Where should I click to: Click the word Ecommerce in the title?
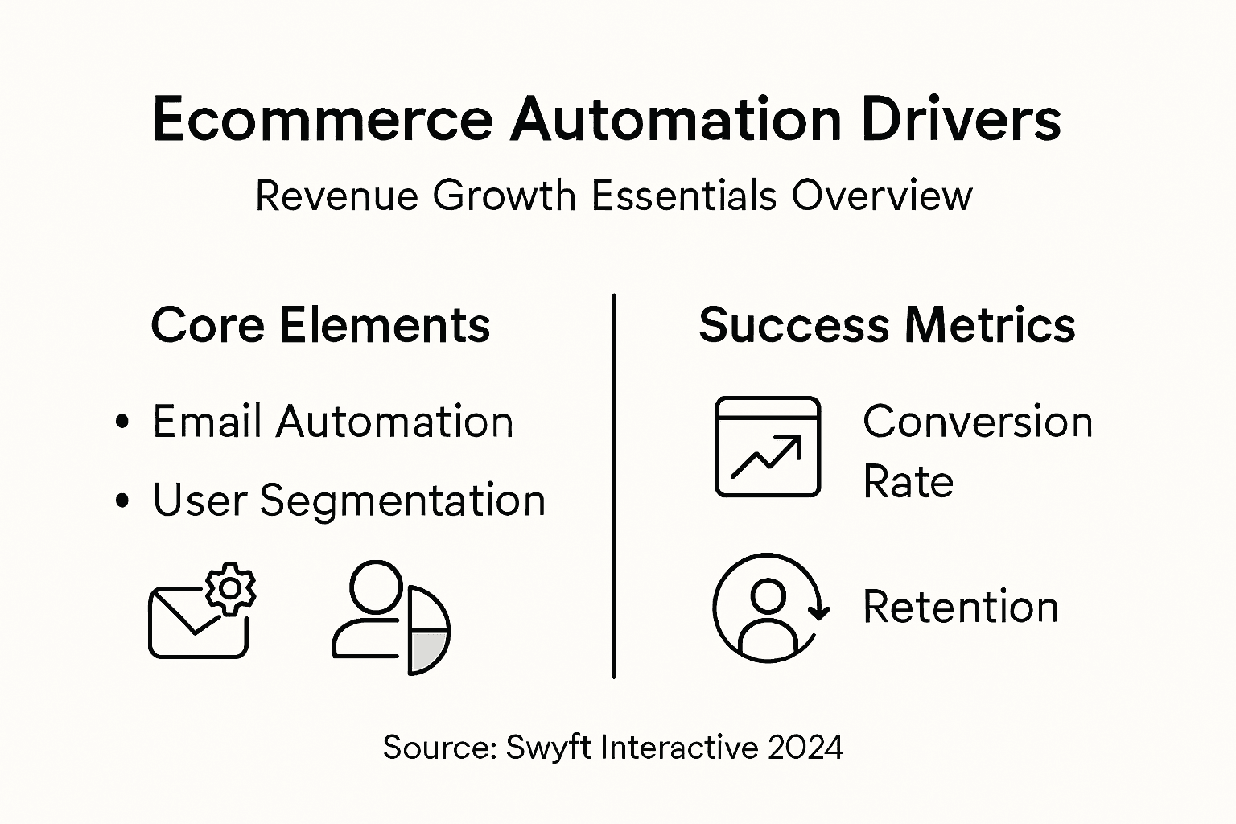[322, 119]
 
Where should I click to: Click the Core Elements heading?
[320, 325]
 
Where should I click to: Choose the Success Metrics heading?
[887, 325]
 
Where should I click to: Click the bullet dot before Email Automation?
[122, 422]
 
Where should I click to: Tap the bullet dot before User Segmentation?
[122, 501]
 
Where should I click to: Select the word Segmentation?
[402, 501]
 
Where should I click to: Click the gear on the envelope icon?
[230, 589]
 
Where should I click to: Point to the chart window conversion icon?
[768, 447]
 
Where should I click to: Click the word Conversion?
[978, 422]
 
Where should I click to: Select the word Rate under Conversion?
[908, 482]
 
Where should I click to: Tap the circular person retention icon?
[768, 607]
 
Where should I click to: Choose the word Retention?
[961, 607]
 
